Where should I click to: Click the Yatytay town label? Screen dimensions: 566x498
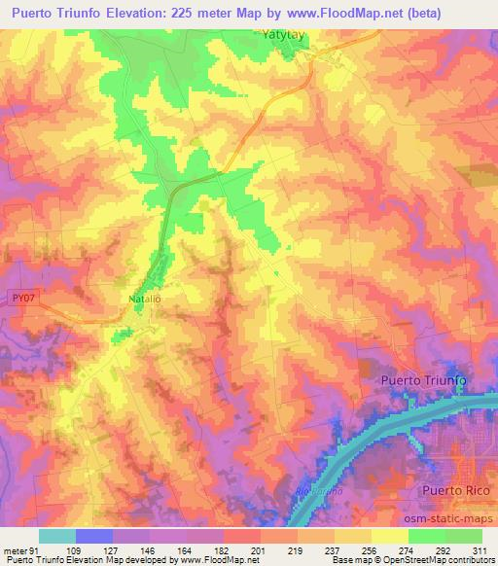[x=288, y=34]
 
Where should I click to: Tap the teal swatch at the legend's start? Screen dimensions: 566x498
[x=57, y=536]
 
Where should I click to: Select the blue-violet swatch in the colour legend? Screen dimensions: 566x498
[x=94, y=536]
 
